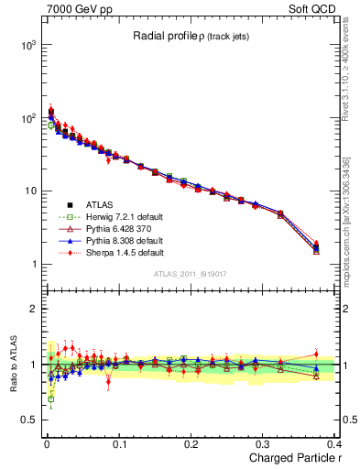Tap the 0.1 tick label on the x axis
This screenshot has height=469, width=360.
pos(117,444)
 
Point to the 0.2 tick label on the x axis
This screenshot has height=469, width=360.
pos(191,444)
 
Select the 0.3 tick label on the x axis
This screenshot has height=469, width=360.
pos(263,444)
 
